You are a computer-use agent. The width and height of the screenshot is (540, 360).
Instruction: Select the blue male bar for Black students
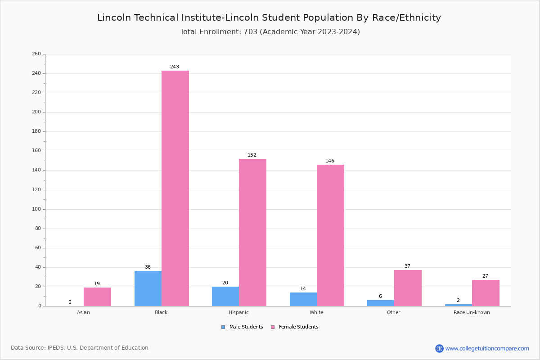148,288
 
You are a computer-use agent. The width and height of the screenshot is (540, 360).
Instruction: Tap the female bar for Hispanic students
252,232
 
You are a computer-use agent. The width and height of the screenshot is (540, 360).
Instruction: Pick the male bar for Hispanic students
225,296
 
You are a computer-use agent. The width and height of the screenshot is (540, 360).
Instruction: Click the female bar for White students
330,235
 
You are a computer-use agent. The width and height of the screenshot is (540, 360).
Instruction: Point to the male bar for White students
303,299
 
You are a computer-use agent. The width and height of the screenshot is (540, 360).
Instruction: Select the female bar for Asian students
97,297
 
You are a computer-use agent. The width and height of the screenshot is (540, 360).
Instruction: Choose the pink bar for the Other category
408,288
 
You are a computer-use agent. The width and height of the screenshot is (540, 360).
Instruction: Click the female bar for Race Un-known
486,293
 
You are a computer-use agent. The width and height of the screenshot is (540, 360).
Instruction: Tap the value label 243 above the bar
175,67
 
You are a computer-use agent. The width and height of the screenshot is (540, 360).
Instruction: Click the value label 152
252,155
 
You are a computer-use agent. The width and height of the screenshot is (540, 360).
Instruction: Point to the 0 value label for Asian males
70,302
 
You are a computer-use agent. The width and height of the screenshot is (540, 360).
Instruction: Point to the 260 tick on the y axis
36,54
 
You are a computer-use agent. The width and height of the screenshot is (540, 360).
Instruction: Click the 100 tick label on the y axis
36,209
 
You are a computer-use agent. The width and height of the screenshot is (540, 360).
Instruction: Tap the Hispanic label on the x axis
238,312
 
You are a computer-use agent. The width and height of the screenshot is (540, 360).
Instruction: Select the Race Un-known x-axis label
472,312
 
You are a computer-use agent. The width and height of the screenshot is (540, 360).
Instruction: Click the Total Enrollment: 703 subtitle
270,32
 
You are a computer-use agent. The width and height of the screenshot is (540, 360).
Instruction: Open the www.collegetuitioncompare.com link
487,348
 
